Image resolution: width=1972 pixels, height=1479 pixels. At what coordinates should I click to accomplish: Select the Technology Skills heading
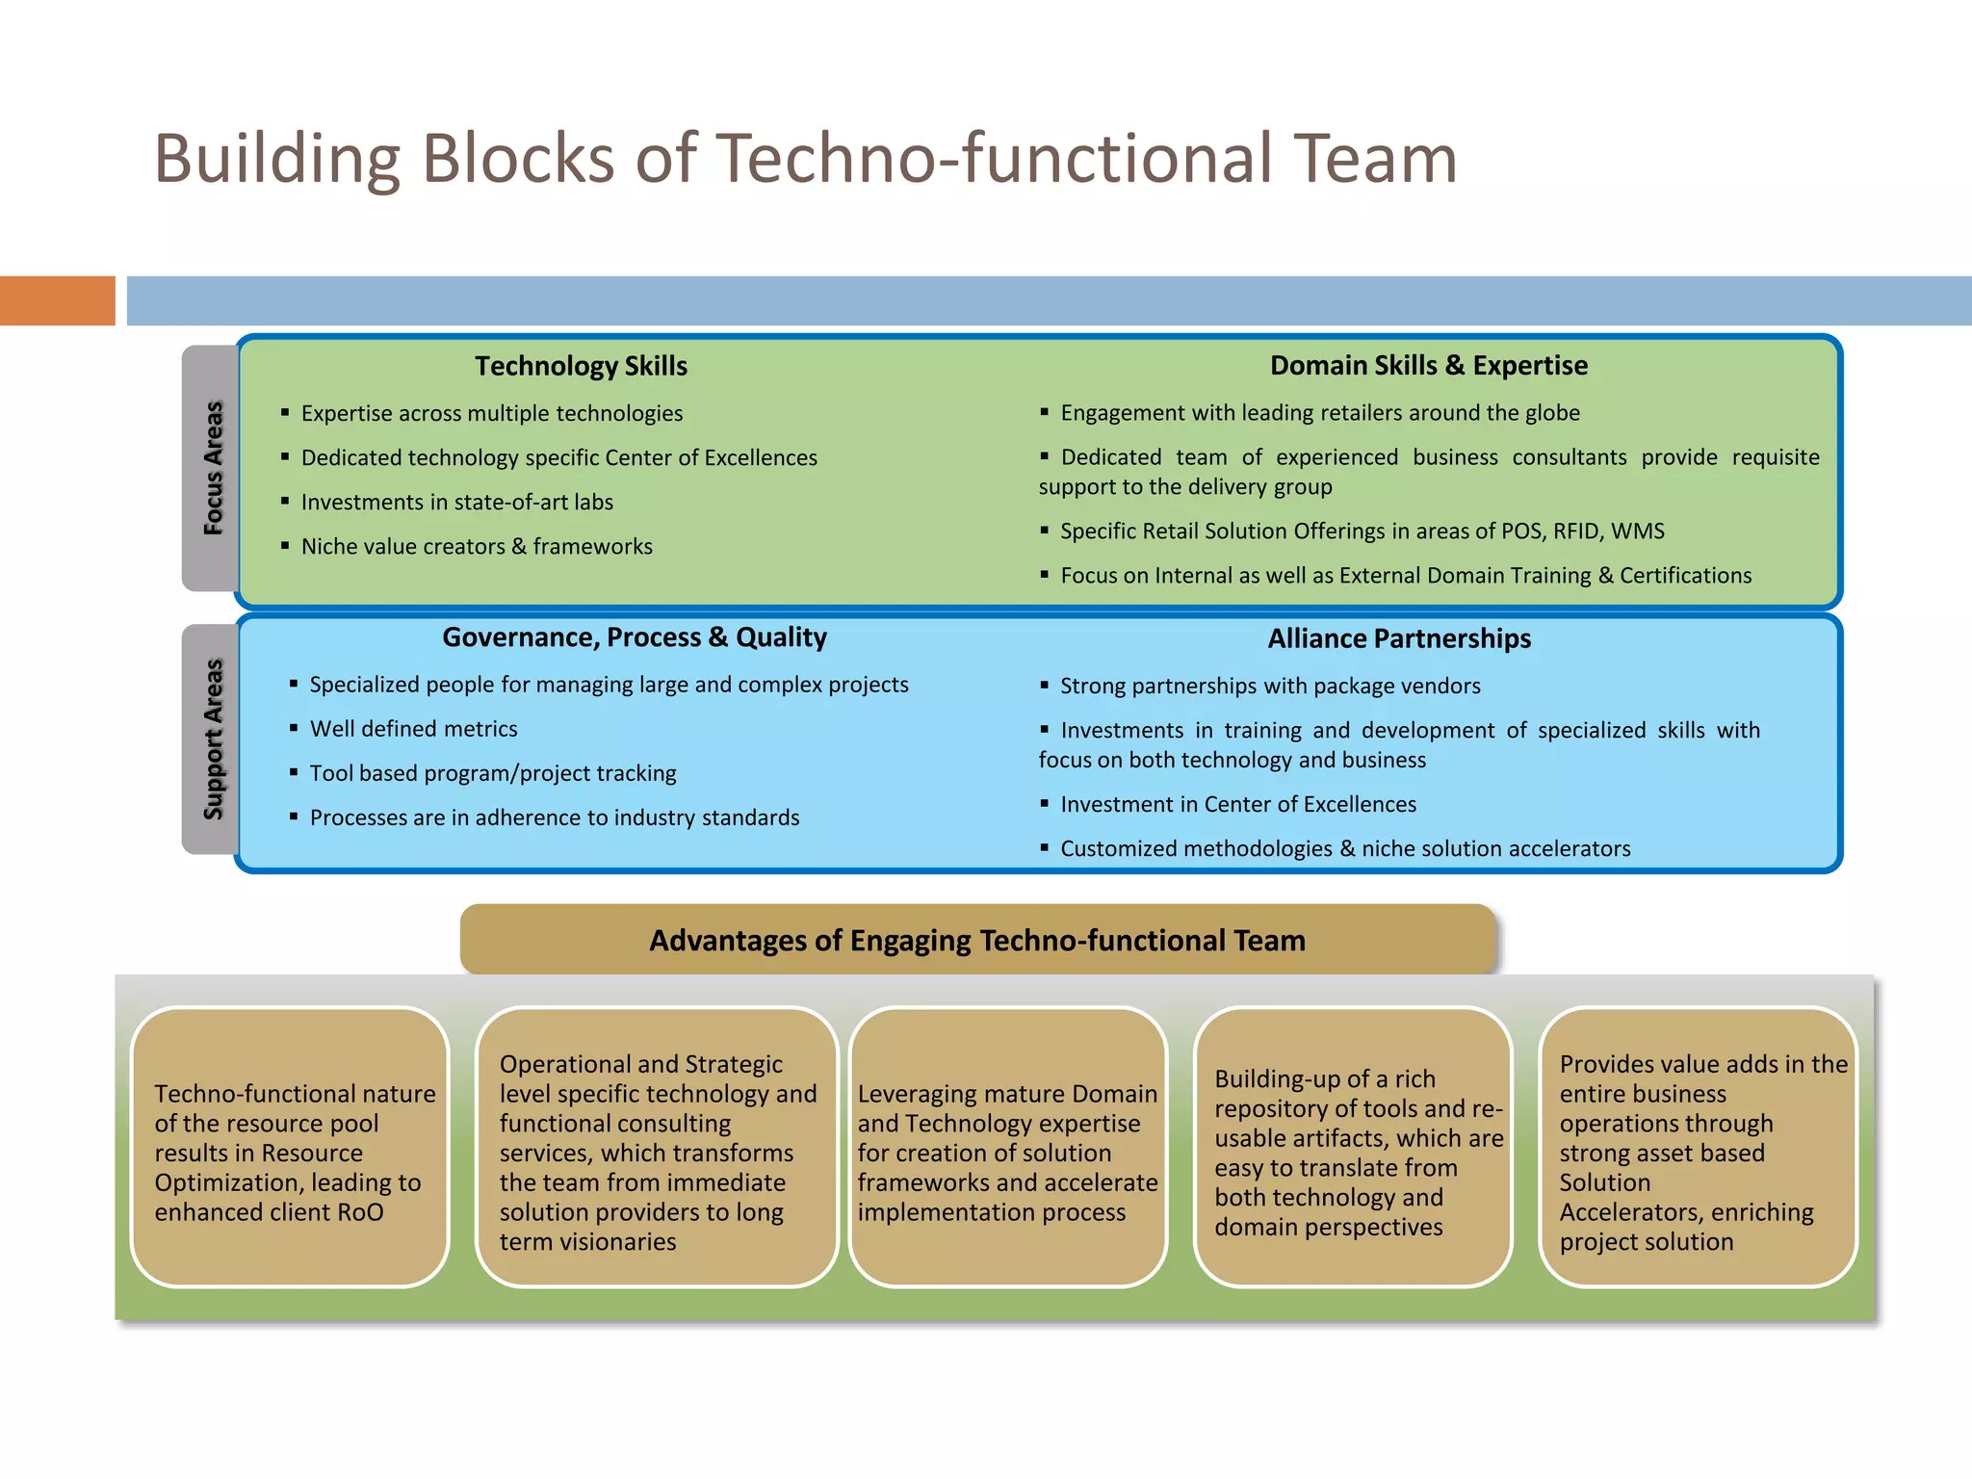point(581,366)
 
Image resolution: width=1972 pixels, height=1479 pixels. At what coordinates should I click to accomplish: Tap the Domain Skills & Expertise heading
point(1428,365)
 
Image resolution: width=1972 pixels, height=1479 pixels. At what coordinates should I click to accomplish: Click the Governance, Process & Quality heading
point(635,637)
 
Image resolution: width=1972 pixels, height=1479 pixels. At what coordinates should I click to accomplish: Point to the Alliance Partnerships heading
point(1398,638)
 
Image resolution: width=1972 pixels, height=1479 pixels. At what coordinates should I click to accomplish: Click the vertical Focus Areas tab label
point(213,468)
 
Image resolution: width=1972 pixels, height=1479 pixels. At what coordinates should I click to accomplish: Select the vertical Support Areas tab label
point(213,739)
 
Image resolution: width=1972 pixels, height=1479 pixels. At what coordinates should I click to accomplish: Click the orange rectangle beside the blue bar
point(57,300)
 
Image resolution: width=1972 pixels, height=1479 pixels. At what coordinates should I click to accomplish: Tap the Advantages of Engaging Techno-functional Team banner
point(976,940)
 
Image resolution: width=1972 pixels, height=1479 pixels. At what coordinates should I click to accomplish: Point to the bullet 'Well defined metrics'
point(413,729)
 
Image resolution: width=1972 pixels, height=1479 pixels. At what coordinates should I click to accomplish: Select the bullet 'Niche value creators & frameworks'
point(477,546)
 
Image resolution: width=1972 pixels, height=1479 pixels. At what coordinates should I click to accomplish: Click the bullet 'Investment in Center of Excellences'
point(1237,804)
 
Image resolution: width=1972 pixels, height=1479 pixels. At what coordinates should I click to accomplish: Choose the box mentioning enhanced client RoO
point(290,1148)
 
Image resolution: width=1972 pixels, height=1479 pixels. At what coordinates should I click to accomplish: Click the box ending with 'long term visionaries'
point(657,1148)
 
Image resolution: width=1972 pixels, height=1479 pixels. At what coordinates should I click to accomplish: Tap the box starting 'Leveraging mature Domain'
point(1007,1148)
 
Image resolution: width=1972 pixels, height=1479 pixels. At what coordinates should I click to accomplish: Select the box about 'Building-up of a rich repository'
point(1353,1148)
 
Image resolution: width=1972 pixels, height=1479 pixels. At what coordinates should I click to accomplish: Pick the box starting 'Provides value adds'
point(1698,1148)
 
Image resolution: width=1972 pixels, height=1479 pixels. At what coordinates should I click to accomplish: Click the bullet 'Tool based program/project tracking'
point(492,773)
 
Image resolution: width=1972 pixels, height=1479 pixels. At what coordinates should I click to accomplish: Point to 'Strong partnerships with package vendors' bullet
point(1270,686)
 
